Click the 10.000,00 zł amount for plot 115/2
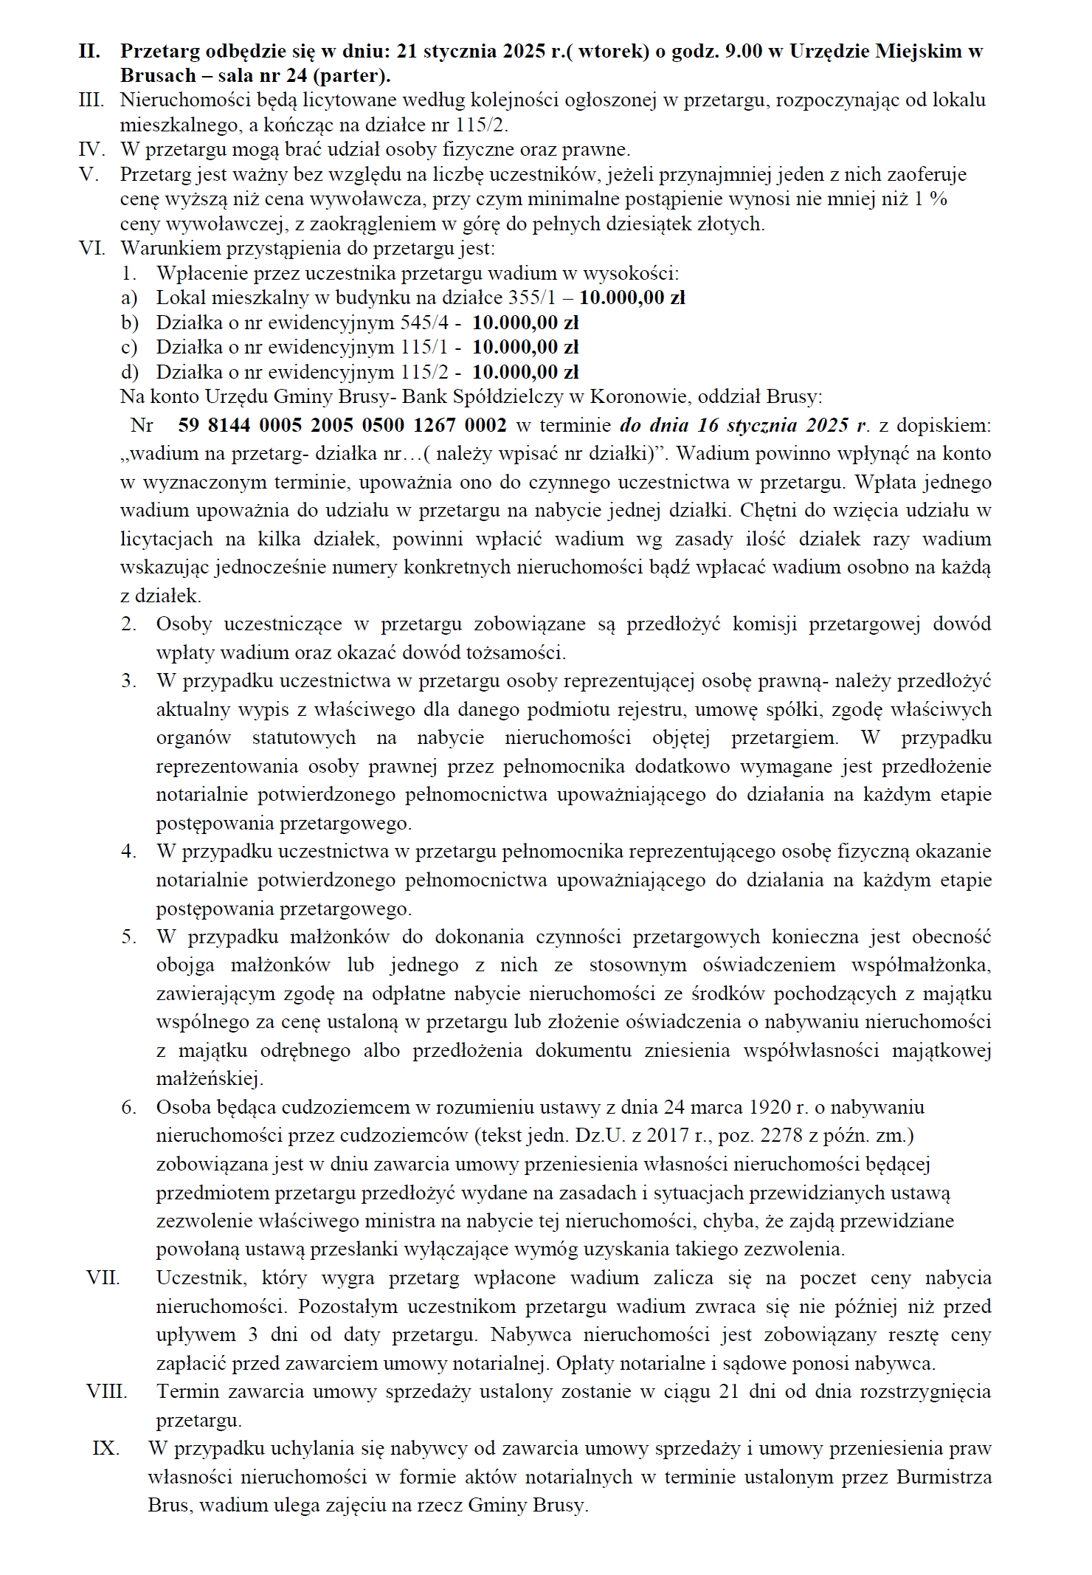tap(525, 371)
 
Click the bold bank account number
tap(342, 425)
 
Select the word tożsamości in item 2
tap(516, 652)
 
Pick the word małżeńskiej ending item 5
tap(210, 1078)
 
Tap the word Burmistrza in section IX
tap(944, 1477)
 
